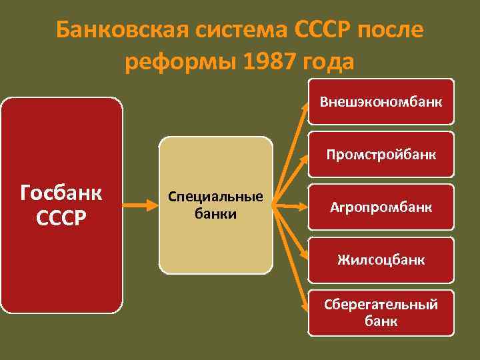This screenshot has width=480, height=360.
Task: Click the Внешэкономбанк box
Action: click(x=381, y=103)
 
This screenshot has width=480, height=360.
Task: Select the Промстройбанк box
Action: click(x=381, y=155)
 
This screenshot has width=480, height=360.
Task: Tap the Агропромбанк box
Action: click(x=381, y=207)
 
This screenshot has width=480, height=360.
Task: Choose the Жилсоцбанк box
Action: click(x=381, y=259)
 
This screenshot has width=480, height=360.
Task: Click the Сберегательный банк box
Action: click(x=381, y=312)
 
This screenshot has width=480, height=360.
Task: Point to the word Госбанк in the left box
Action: click(x=61, y=193)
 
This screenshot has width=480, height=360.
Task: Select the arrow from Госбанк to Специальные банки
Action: click(x=141, y=206)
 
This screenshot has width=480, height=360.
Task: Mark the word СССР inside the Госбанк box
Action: click(x=61, y=219)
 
